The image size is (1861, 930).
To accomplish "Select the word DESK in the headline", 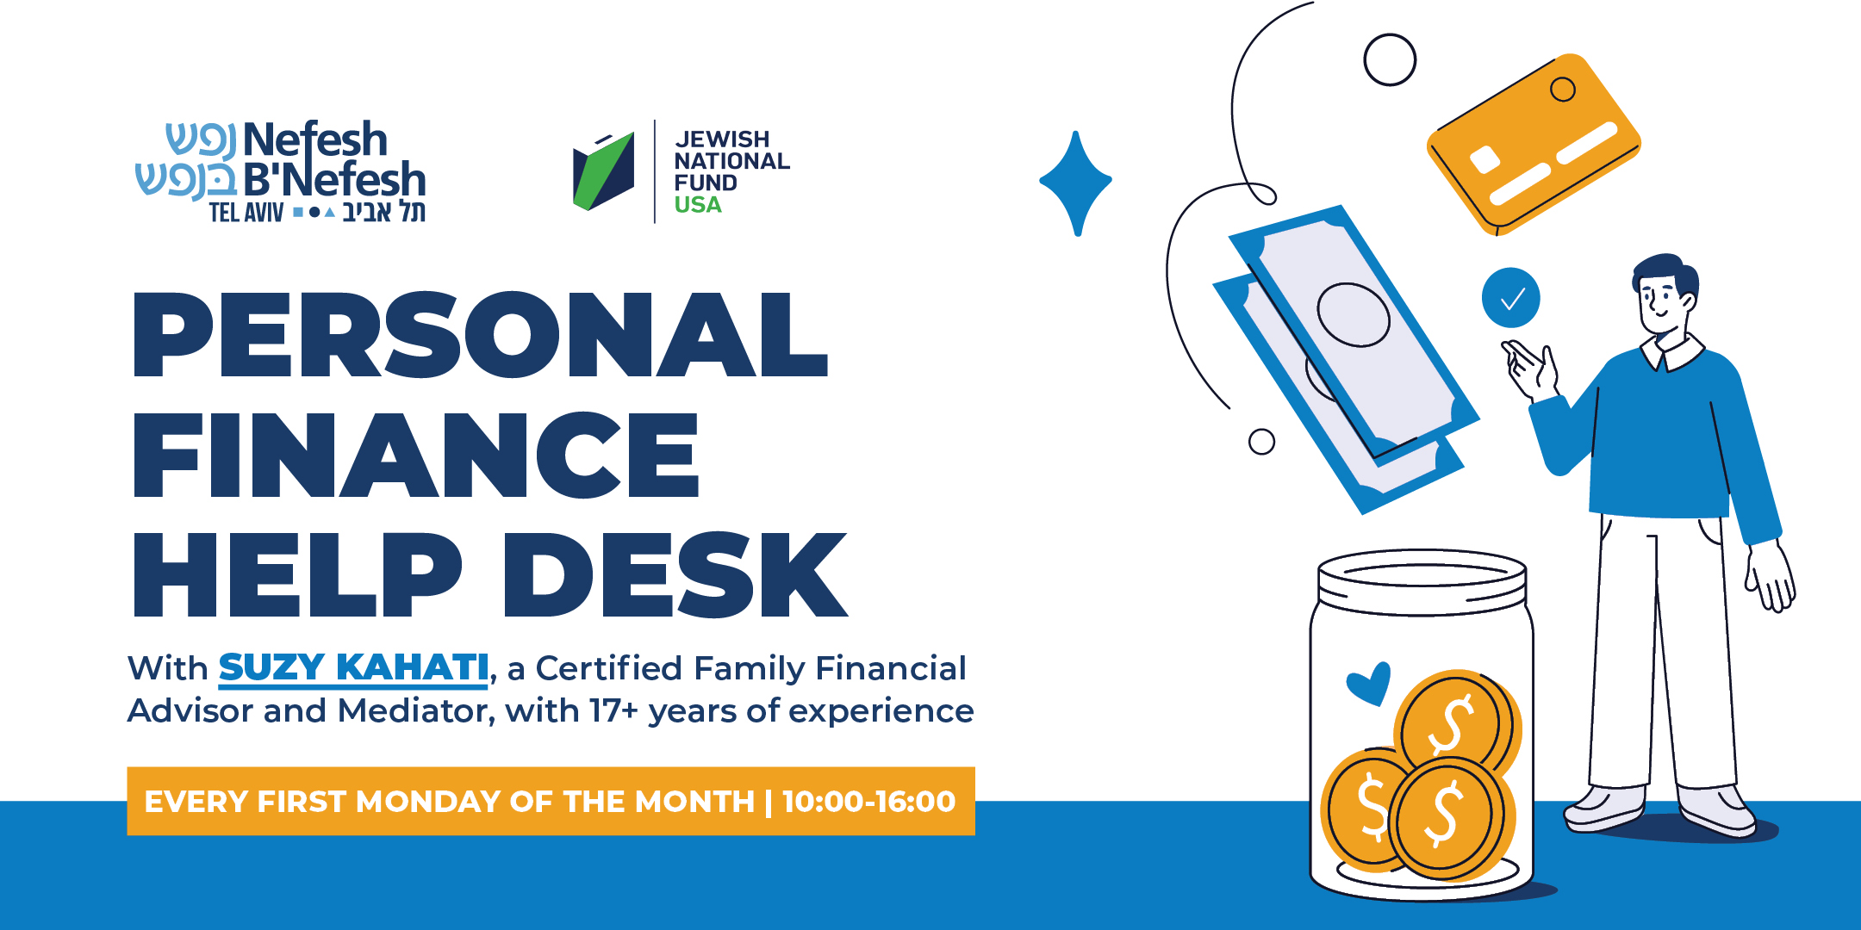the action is click(x=676, y=574).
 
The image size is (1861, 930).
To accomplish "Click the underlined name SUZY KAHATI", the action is click(x=353, y=668).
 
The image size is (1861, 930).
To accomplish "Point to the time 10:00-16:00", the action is click(x=869, y=802).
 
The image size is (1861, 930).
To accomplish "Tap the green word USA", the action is click(x=698, y=205).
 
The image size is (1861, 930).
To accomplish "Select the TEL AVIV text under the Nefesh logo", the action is click(x=246, y=212).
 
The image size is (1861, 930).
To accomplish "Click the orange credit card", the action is click(x=1534, y=144).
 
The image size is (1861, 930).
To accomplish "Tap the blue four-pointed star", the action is click(x=1075, y=183).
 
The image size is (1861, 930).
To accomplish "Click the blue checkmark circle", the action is click(x=1511, y=298).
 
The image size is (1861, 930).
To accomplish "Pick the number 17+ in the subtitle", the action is click(x=613, y=711).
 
